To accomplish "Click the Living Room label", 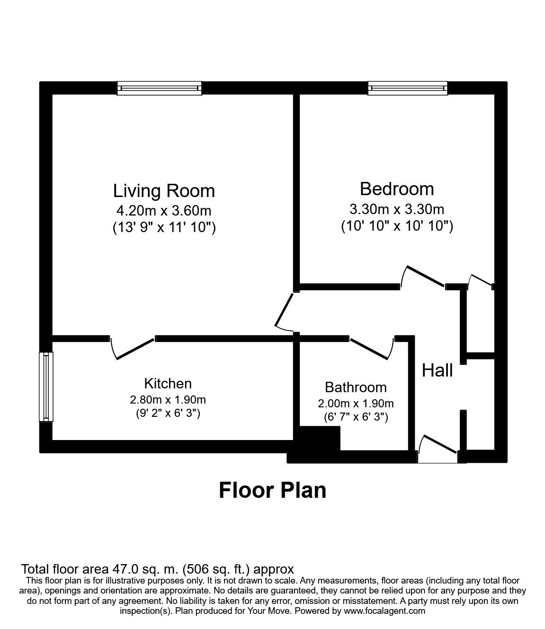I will pyautogui.click(x=164, y=191).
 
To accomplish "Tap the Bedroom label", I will pyautogui.click(x=397, y=189).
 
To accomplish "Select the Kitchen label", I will pyautogui.click(x=168, y=383).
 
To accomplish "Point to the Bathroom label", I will pyautogui.click(x=356, y=387).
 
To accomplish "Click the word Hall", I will pyautogui.click(x=438, y=370).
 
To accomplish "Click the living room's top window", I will pyautogui.click(x=160, y=88).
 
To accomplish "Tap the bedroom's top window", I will pyautogui.click(x=407, y=88).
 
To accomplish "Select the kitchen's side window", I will pyautogui.click(x=45, y=386).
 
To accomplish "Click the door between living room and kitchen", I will pyautogui.click(x=133, y=348).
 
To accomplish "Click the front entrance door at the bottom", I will pyautogui.click(x=438, y=450).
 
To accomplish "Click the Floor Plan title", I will pyautogui.click(x=272, y=490).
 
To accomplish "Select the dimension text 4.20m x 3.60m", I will pyautogui.click(x=164, y=210).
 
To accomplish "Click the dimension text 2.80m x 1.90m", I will pyautogui.click(x=168, y=400).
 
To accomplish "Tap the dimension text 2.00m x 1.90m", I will pyautogui.click(x=356, y=404).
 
